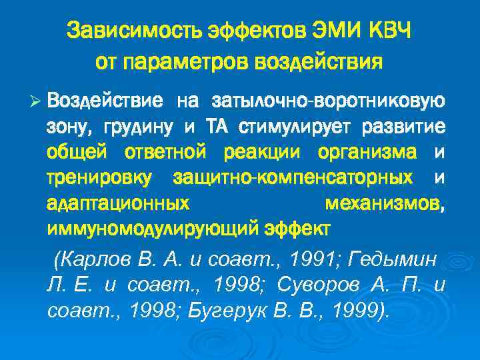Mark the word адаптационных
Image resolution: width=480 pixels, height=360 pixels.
(x=118, y=203)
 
